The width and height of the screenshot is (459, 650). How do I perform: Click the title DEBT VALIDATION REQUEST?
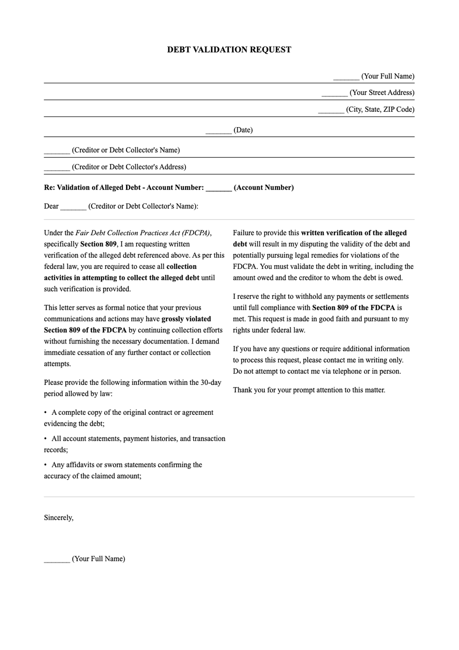coord(229,50)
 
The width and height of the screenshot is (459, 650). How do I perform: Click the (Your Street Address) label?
coord(382,93)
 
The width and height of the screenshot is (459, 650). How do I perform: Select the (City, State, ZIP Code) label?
coord(380,110)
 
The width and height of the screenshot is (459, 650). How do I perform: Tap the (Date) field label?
coord(243,130)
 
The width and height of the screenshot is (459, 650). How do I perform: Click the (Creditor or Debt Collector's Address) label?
coord(129,167)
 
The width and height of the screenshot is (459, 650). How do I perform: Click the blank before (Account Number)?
coord(218,188)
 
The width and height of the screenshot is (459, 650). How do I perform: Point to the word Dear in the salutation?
coord(51,206)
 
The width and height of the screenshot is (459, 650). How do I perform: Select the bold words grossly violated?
coord(186,319)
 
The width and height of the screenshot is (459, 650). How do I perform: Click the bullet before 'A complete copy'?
coord(46,413)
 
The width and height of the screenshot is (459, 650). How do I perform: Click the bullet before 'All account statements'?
coord(46,439)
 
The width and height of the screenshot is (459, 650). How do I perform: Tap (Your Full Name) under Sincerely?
coord(98,559)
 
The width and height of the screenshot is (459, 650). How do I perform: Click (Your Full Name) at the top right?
coord(387,76)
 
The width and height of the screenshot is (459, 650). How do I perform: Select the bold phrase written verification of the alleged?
coord(354,233)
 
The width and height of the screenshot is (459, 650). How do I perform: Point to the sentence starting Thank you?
coord(309,390)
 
